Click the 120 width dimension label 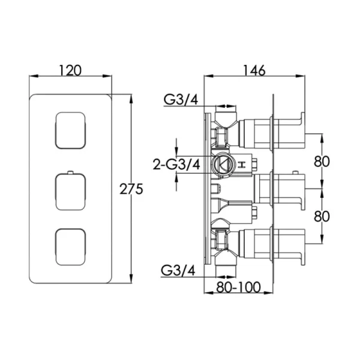point(70,70)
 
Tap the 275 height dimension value point(131,190)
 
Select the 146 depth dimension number point(254,70)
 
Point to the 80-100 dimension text point(238,287)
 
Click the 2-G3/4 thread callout point(176,164)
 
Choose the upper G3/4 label point(181,100)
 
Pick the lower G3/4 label point(178,270)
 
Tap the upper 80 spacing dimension point(322,161)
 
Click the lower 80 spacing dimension point(322,216)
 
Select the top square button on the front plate point(70,130)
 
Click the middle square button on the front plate point(70,192)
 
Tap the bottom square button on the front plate point(70,247)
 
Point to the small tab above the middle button point(70,172)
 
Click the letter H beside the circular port point(241,164)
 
